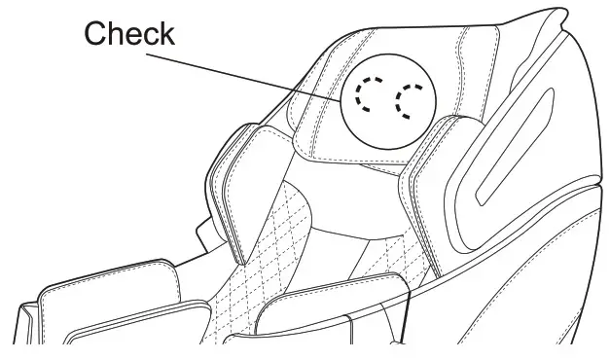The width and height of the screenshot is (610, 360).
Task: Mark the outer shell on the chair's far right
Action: pyautogui.click(x=574, y=195)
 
